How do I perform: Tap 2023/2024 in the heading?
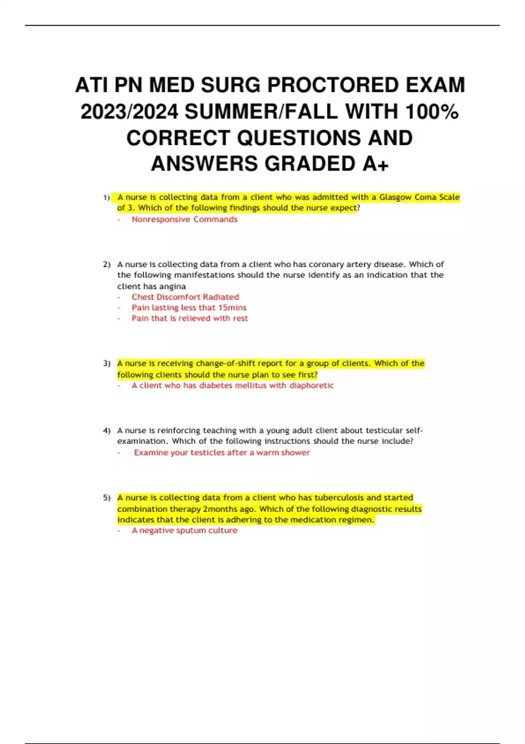(129, 111)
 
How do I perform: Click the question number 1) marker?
(106, 198)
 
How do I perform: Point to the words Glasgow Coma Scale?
(419, 197)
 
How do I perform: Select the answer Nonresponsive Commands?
(184, 219)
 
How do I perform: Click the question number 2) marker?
(106, 265)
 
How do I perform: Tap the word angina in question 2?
(174, 286)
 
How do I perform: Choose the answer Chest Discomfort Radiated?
(185, 297)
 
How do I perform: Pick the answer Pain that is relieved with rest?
(189, 318)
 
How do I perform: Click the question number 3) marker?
(106, 364)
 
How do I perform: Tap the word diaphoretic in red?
(311, 386)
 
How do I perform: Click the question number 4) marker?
(106, 431)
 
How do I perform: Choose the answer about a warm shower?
(222, 453)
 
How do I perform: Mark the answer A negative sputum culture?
(184, 530)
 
